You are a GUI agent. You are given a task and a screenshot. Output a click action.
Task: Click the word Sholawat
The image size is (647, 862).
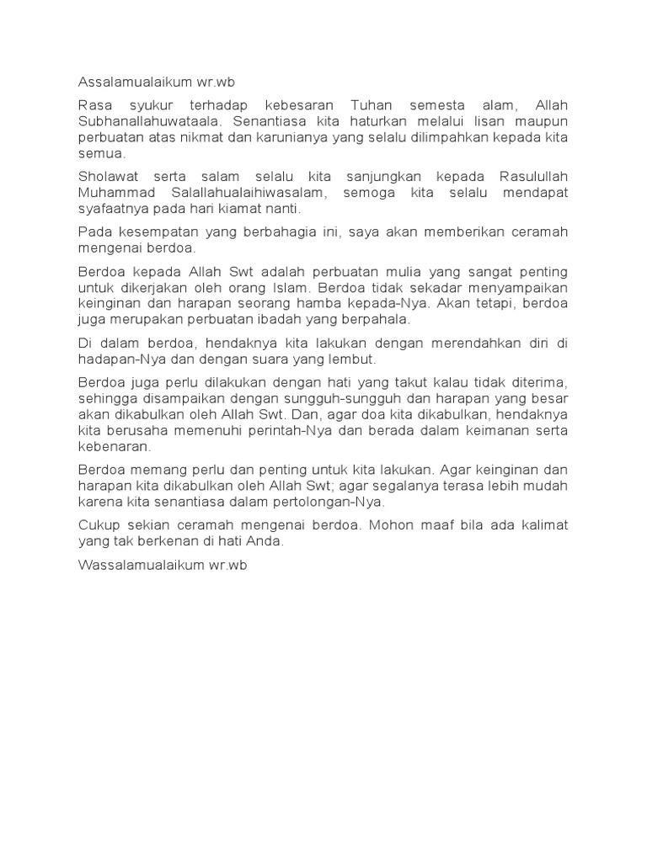click(106, 177)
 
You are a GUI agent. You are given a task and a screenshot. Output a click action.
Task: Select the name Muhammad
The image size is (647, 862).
click(113, 193)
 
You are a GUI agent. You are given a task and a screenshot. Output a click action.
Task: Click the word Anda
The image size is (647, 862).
click(266, 541)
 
